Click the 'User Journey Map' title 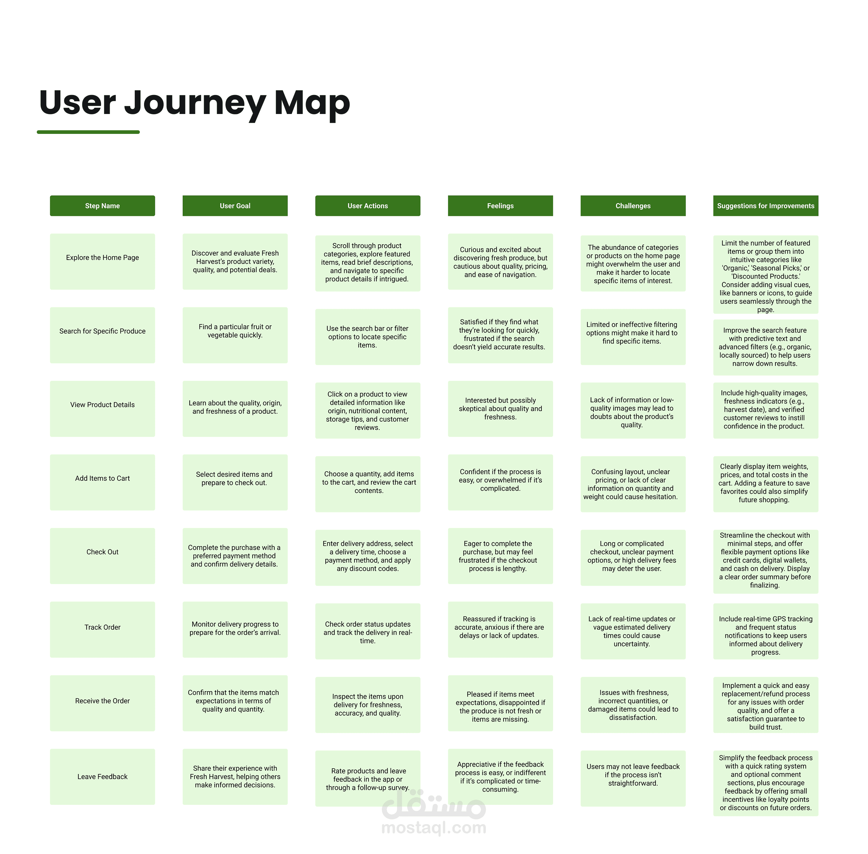(x=194, y=103)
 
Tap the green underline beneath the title (x=88, y=132)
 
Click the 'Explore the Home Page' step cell (x=102, y=261)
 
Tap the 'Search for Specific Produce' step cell (x=102, y=335)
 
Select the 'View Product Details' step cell (x=102, y=409)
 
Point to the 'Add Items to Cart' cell (x=102, y=482)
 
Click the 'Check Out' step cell (x=102, y=556)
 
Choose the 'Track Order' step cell (x=102, y=629)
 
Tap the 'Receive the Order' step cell (x=102, y=703)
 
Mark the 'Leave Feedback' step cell (x=102, y=777)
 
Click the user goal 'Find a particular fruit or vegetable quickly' (x=235, y=335)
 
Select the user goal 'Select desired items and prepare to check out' (x=235, y=482)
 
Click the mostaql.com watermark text (x=434, y=827)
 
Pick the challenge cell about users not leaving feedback (x=633, y=778)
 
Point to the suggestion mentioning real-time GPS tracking (x=766, y=631)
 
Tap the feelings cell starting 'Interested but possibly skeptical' (x=500, y=409)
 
